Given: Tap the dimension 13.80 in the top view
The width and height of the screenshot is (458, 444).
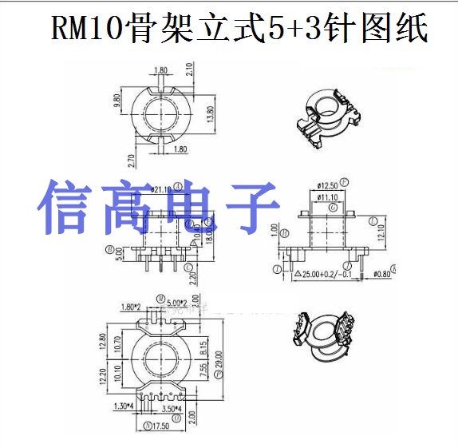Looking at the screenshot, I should (212, 116).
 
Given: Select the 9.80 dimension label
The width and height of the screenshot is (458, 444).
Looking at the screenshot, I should (118, 101).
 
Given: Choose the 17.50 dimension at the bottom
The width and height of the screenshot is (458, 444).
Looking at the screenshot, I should (163, 426).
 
